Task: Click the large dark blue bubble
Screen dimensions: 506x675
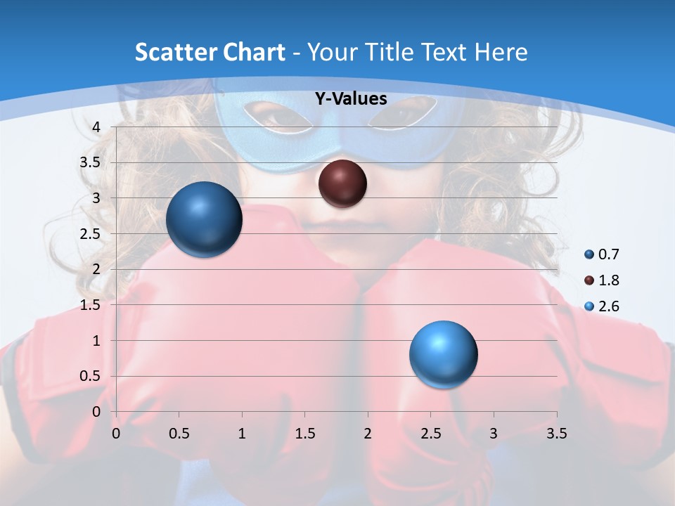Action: pos(205,219)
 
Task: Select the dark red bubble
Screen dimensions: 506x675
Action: pos(342,183)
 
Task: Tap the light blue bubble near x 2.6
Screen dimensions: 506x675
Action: pos(443,354)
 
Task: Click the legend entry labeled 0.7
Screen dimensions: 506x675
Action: pos(608,254)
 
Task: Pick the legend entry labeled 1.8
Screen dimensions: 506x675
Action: pos(608,280)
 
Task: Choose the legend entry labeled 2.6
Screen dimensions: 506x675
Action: pos(608,306)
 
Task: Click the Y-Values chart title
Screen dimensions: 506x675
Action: pos(350,99)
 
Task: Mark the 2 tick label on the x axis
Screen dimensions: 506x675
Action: pos(368,434)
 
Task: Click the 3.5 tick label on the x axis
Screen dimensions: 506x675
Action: pos(556,434)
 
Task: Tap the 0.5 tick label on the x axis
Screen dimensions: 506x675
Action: pos(179,434)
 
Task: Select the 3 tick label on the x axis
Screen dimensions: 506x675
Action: pos(494,434)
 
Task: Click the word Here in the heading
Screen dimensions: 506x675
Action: pos(501,52)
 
